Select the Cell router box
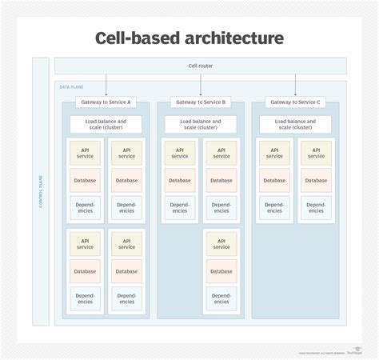pyautogui.click(x=201, y=66)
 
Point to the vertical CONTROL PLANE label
pyautogui.click(x=41, y=191)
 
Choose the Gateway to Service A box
pyautogui.click(x=106, y=102)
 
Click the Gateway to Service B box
pyautogui.click(x=201, y=102)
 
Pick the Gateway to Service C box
pyautogui.click(x=295, y=102)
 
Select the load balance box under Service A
pyautogui.click(x=106, y=124)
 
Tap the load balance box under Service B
pyautogui.click(x=201, y=124)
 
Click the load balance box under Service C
pyautogui.click(x=295, y=124)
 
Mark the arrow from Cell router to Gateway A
pyautogui.click(x=106, y=85)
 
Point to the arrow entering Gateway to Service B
pyautogui.click(x=201, y=85)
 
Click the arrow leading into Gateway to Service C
pyautogui.click(x=295, y=85)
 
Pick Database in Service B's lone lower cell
pyautogui.click(x=221, y=271)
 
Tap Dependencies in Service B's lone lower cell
pyautogui.click(x=221, y=298)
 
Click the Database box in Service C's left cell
pyautogui.click(x=274, y=180)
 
